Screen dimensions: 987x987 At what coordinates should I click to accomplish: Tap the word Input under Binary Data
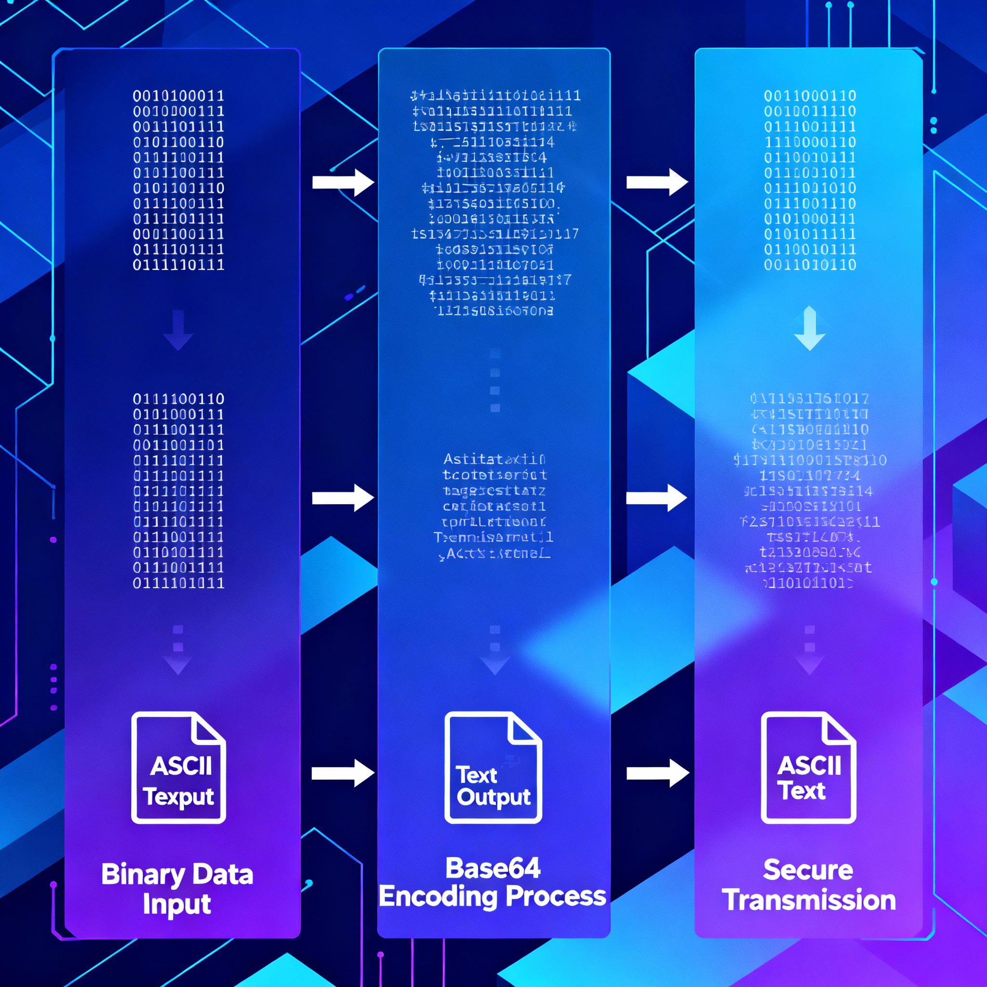point(177,904)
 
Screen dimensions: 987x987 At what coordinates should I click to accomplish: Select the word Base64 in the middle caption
point(493,868)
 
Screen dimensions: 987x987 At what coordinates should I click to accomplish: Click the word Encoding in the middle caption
point(438,896)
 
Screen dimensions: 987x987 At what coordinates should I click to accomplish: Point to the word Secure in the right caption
point(808,870)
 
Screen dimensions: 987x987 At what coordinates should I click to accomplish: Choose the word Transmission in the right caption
point(809,900)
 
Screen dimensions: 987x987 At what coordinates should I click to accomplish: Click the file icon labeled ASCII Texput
point(178,768)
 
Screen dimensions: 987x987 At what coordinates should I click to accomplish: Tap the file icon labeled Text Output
point(493,768)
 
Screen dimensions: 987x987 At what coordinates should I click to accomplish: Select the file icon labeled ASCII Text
point(808,768)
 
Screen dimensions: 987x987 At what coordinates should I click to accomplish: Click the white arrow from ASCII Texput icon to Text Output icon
point(343,773)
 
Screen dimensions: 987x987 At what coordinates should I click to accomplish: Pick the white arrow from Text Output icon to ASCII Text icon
point(657,773)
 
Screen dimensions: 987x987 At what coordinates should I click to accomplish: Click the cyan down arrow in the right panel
point(810,328)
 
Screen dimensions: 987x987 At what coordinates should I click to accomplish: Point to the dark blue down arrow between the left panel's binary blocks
point(178,330)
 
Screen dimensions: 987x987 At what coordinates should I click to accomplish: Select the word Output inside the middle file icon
point(493,798)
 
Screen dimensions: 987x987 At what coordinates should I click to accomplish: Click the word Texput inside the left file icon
point(178,797)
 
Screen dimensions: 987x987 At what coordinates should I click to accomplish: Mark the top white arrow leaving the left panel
point(343,182)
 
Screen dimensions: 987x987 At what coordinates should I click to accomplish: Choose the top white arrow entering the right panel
point(657,182)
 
